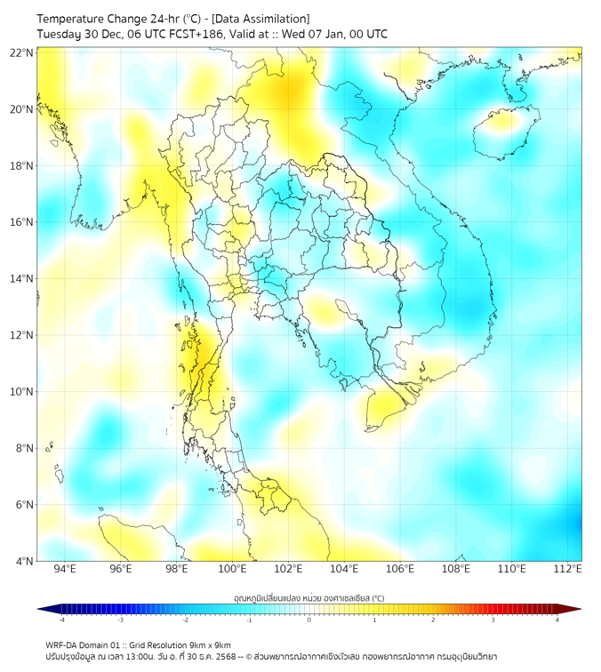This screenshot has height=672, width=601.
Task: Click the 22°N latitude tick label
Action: tap(22, 52)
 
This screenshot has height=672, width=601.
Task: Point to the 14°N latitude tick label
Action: tap(22, 279)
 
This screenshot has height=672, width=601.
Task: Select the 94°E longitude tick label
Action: tap(65, 569)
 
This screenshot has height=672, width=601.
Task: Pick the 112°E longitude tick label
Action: tap(567, 569)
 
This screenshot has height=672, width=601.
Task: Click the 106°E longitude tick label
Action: tap(400, 569)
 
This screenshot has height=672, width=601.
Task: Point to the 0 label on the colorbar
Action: tap(309, 620)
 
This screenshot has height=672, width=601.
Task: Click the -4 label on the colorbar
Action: tap(60, 620)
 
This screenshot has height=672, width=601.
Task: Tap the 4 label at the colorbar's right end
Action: tap(557, 620)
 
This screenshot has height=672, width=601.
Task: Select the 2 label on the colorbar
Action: tap(433, 620)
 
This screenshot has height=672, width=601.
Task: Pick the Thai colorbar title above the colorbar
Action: tap(309, 597)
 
